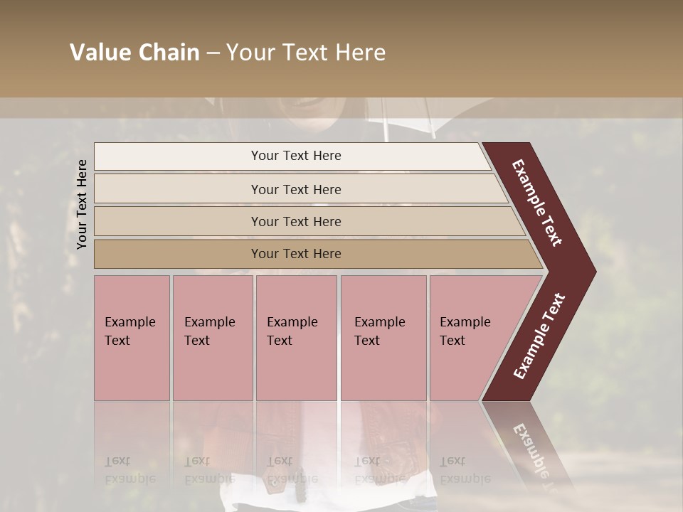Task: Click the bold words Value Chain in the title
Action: pyautogui.click(x=134, y=53)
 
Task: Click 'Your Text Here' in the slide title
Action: pyautogui.click(x=306, y=53)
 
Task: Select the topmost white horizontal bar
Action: pyautogui.click(x=292, y=156)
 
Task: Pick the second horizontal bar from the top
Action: pyautogui.click(x=296, y=189)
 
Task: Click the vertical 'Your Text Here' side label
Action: pyautogui.click(x=82, y=204)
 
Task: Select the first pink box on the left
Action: pyautogui.click(x=132, y=337)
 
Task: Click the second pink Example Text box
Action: pyautogui.click(x=212, y=337)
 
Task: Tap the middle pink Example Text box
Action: pyautogui.click(x=296, y=337)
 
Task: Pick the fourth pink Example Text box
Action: pyautogui.click(x=383, y=337)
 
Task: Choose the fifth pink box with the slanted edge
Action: pyautogui.click(x=470, y=337)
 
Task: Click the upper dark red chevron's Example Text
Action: pyautogui.click(x=537, y=202)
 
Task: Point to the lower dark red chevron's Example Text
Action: pyautogui.click(x=539, y=336)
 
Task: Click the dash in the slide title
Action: pyautogui.click(x=213, y=53)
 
